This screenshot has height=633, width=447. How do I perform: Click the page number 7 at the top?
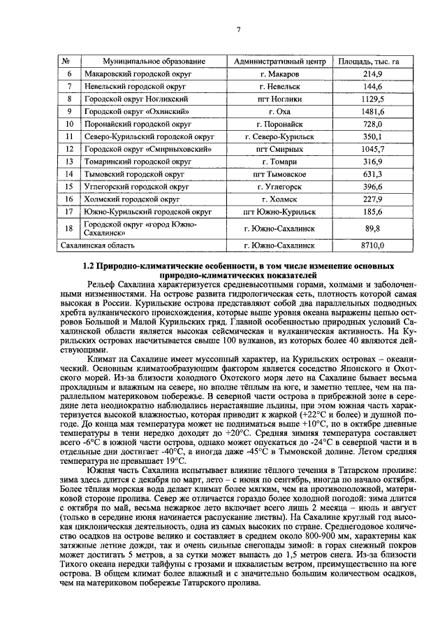click(x=238, y=29)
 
